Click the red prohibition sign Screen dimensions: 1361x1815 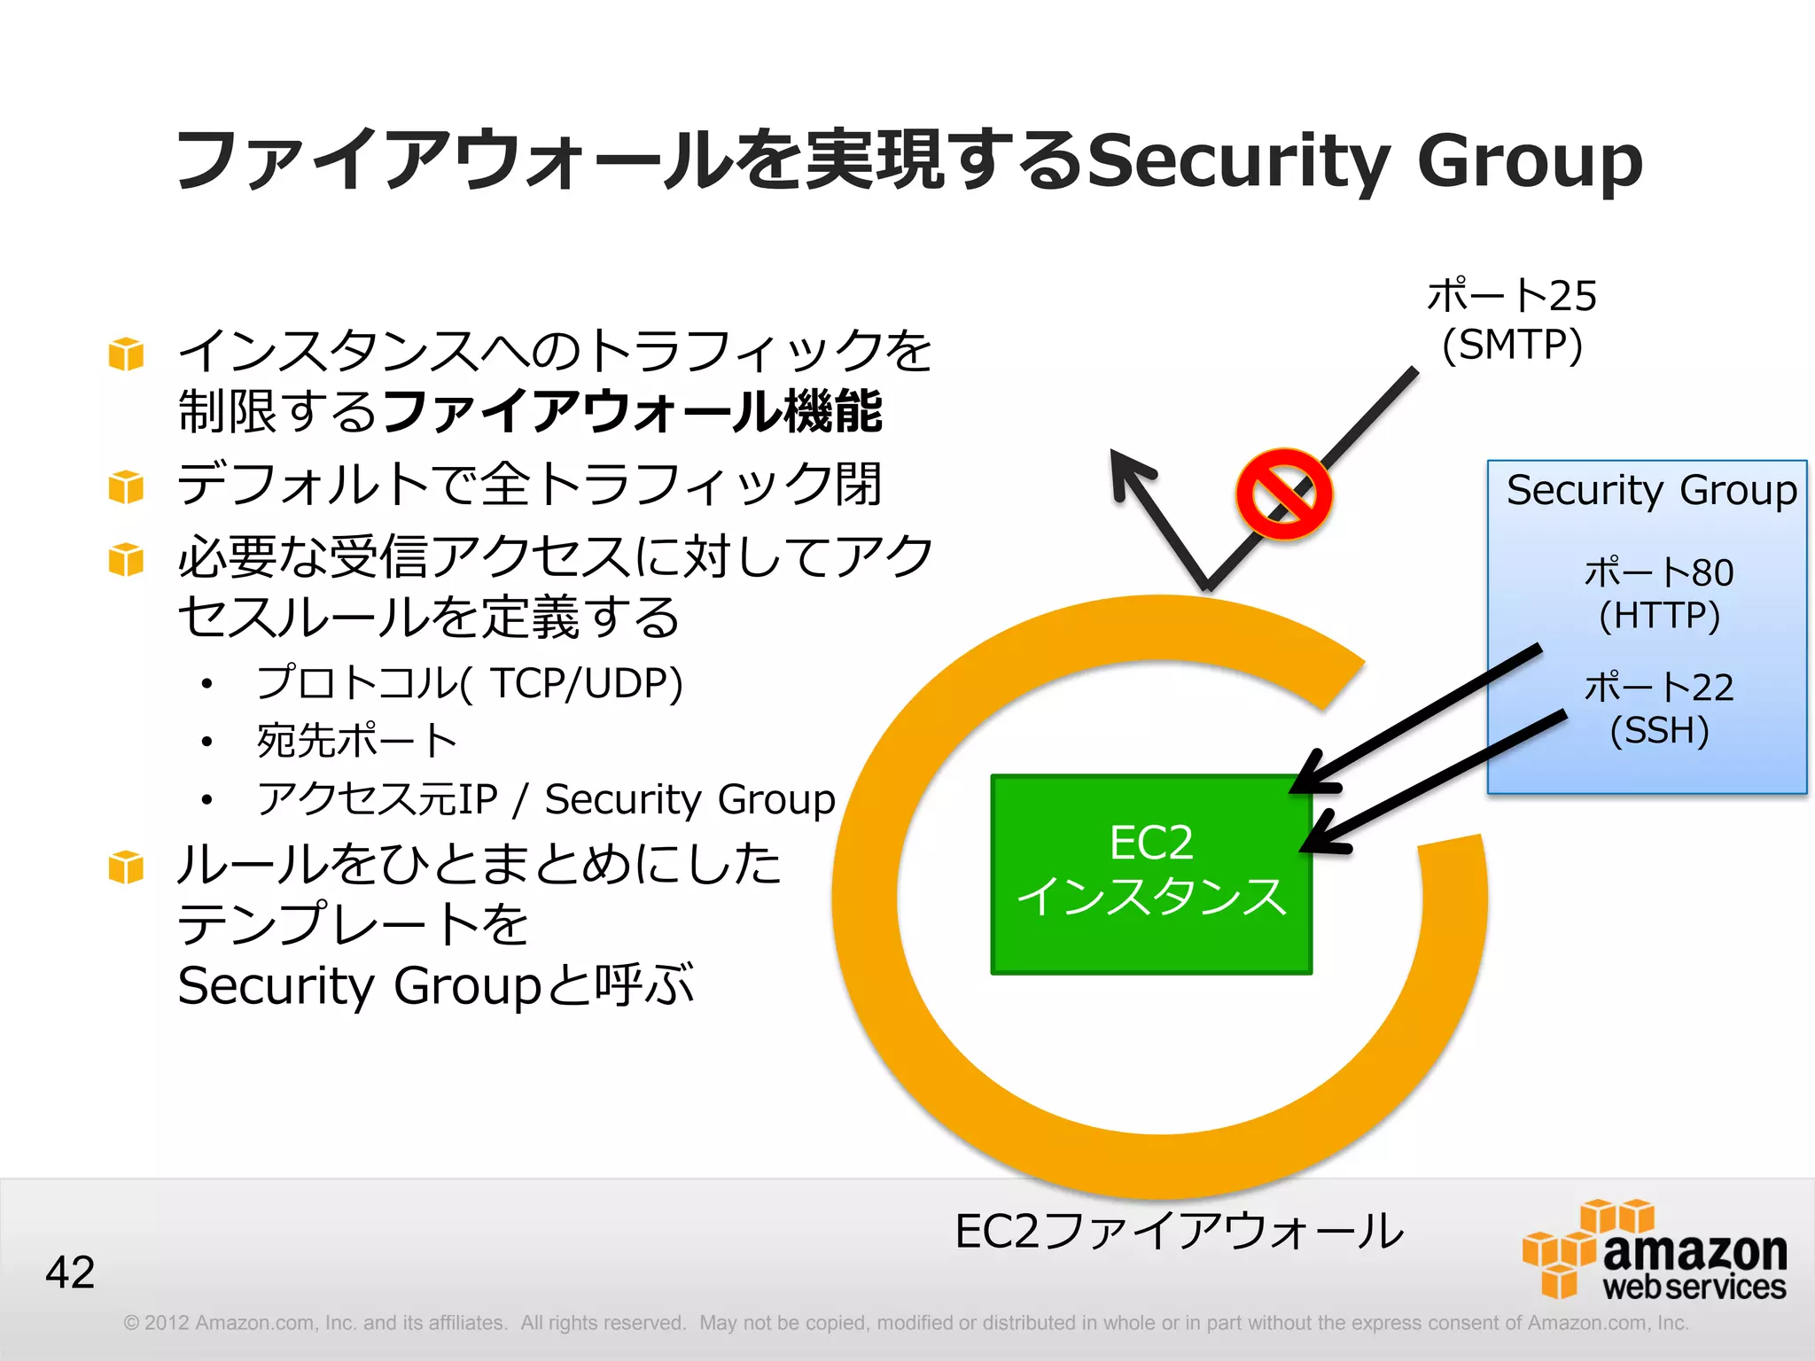(x=1283, y=494)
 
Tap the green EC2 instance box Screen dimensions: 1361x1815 (x=1151, y=875)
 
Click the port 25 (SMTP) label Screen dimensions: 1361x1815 (x=1512, y=320)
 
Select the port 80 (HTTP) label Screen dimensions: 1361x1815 (x=1658, y=594)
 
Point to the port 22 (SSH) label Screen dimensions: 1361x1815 (x=1658, y=709)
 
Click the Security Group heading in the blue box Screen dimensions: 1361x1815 (x=1651, y=490)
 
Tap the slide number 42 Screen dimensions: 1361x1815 (x=70, y=1272)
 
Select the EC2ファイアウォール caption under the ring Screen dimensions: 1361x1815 (x=1179, y=1232)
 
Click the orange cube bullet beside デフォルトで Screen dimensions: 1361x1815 (x=126, y=486)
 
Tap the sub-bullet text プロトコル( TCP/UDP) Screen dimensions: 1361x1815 (x=470, y=683)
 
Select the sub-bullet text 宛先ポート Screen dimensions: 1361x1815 (x=356, y=741)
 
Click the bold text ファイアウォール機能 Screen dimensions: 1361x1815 (x=633, y=411)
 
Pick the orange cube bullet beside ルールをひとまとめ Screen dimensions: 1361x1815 (x=126, y=867)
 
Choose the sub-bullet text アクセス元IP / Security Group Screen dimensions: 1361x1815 (x=546, y=799)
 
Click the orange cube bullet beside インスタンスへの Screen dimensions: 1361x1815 (x=126, y=354)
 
